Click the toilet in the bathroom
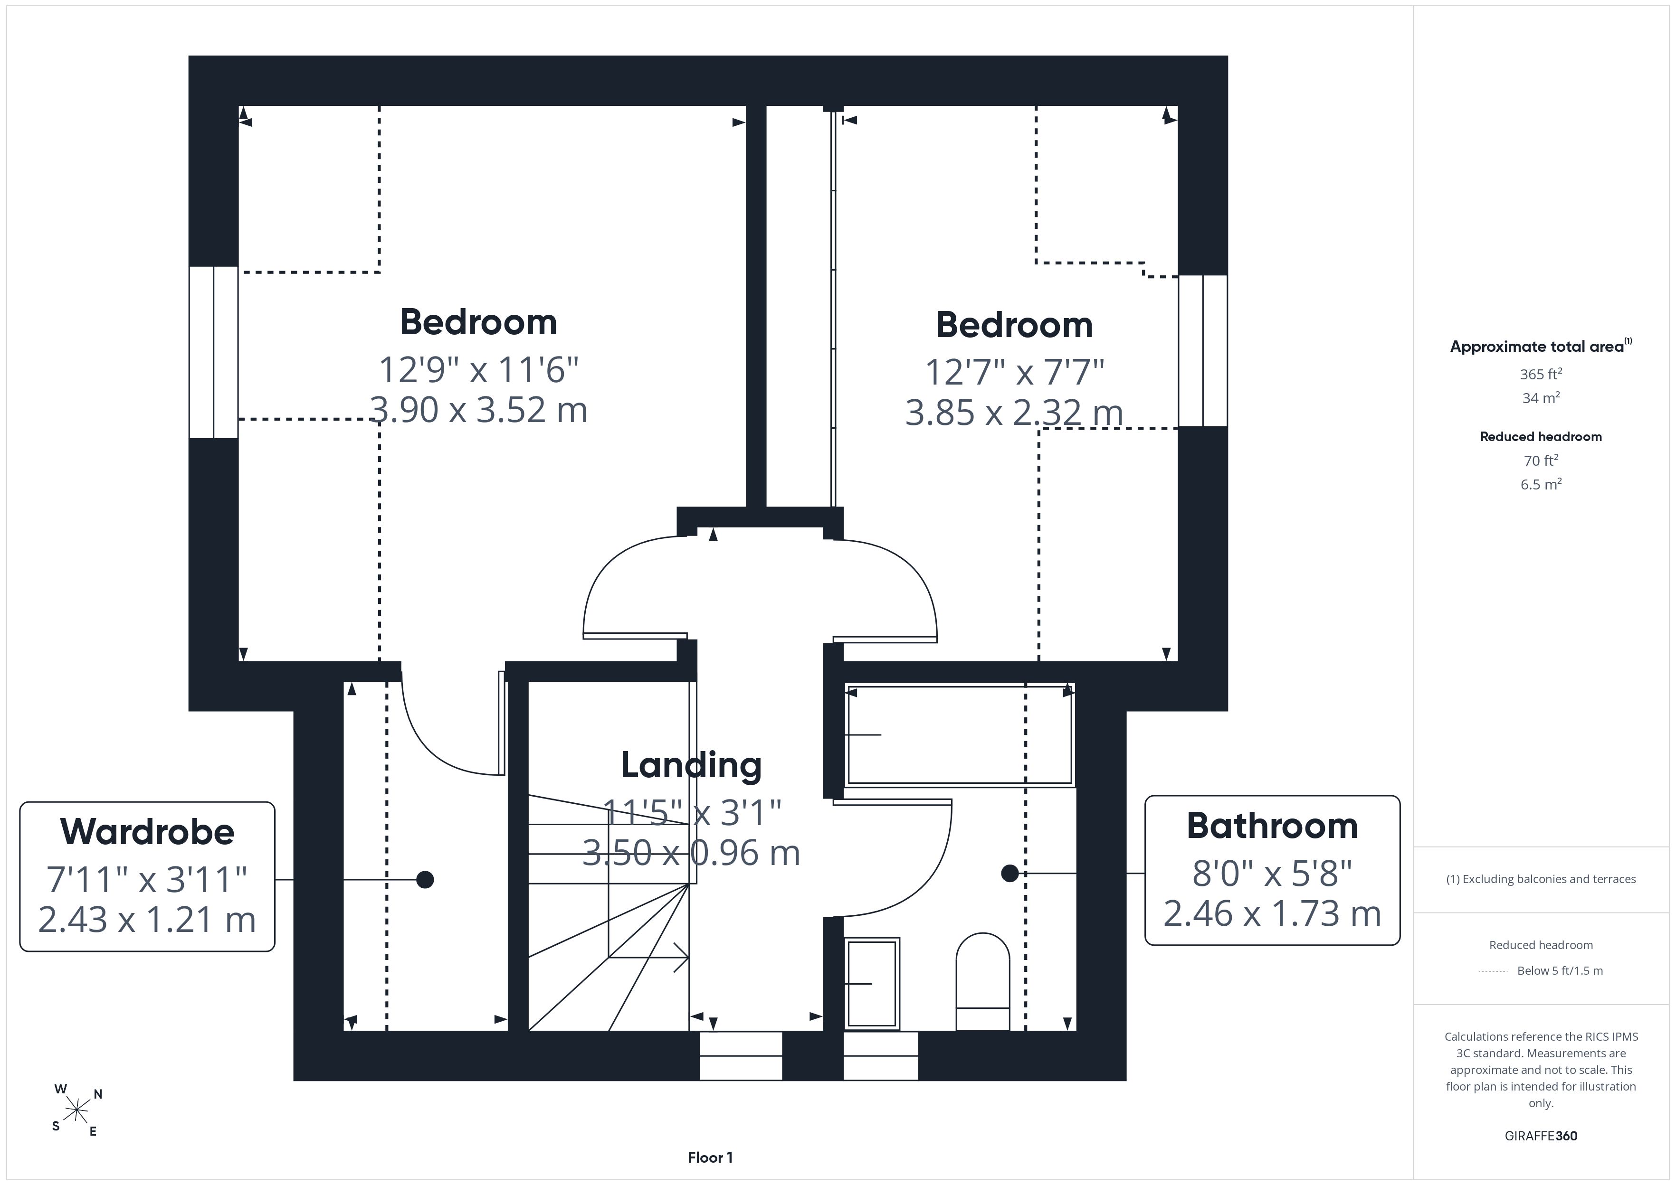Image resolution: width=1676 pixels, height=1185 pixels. click(982, 981)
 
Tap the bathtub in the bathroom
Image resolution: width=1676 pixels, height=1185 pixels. click(959, 735)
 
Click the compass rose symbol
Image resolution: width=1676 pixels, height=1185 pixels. click(76, 1110)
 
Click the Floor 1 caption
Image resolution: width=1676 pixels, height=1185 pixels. click(710, 1157)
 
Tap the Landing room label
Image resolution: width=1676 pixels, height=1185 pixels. click(691, 765)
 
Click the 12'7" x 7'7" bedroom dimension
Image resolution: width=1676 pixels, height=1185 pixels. click(1015, 372)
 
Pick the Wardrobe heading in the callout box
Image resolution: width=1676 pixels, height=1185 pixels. click(147, 832)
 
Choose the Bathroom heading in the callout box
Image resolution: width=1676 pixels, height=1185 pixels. click(1272, 826)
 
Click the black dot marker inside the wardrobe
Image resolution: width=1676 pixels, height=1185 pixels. click(425, 880)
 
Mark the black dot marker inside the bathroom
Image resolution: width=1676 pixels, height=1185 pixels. click(1009, 873)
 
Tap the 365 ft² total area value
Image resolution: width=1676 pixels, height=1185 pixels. click(1541, 374)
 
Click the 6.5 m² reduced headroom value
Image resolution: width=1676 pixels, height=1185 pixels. click(1541, 484)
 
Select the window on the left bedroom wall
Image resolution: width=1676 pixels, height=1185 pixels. click(214, 352)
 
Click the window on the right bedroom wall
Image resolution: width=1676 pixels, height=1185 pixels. click(1203, 350)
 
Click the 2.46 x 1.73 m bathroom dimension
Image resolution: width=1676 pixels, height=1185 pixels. click(1272, 913)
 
